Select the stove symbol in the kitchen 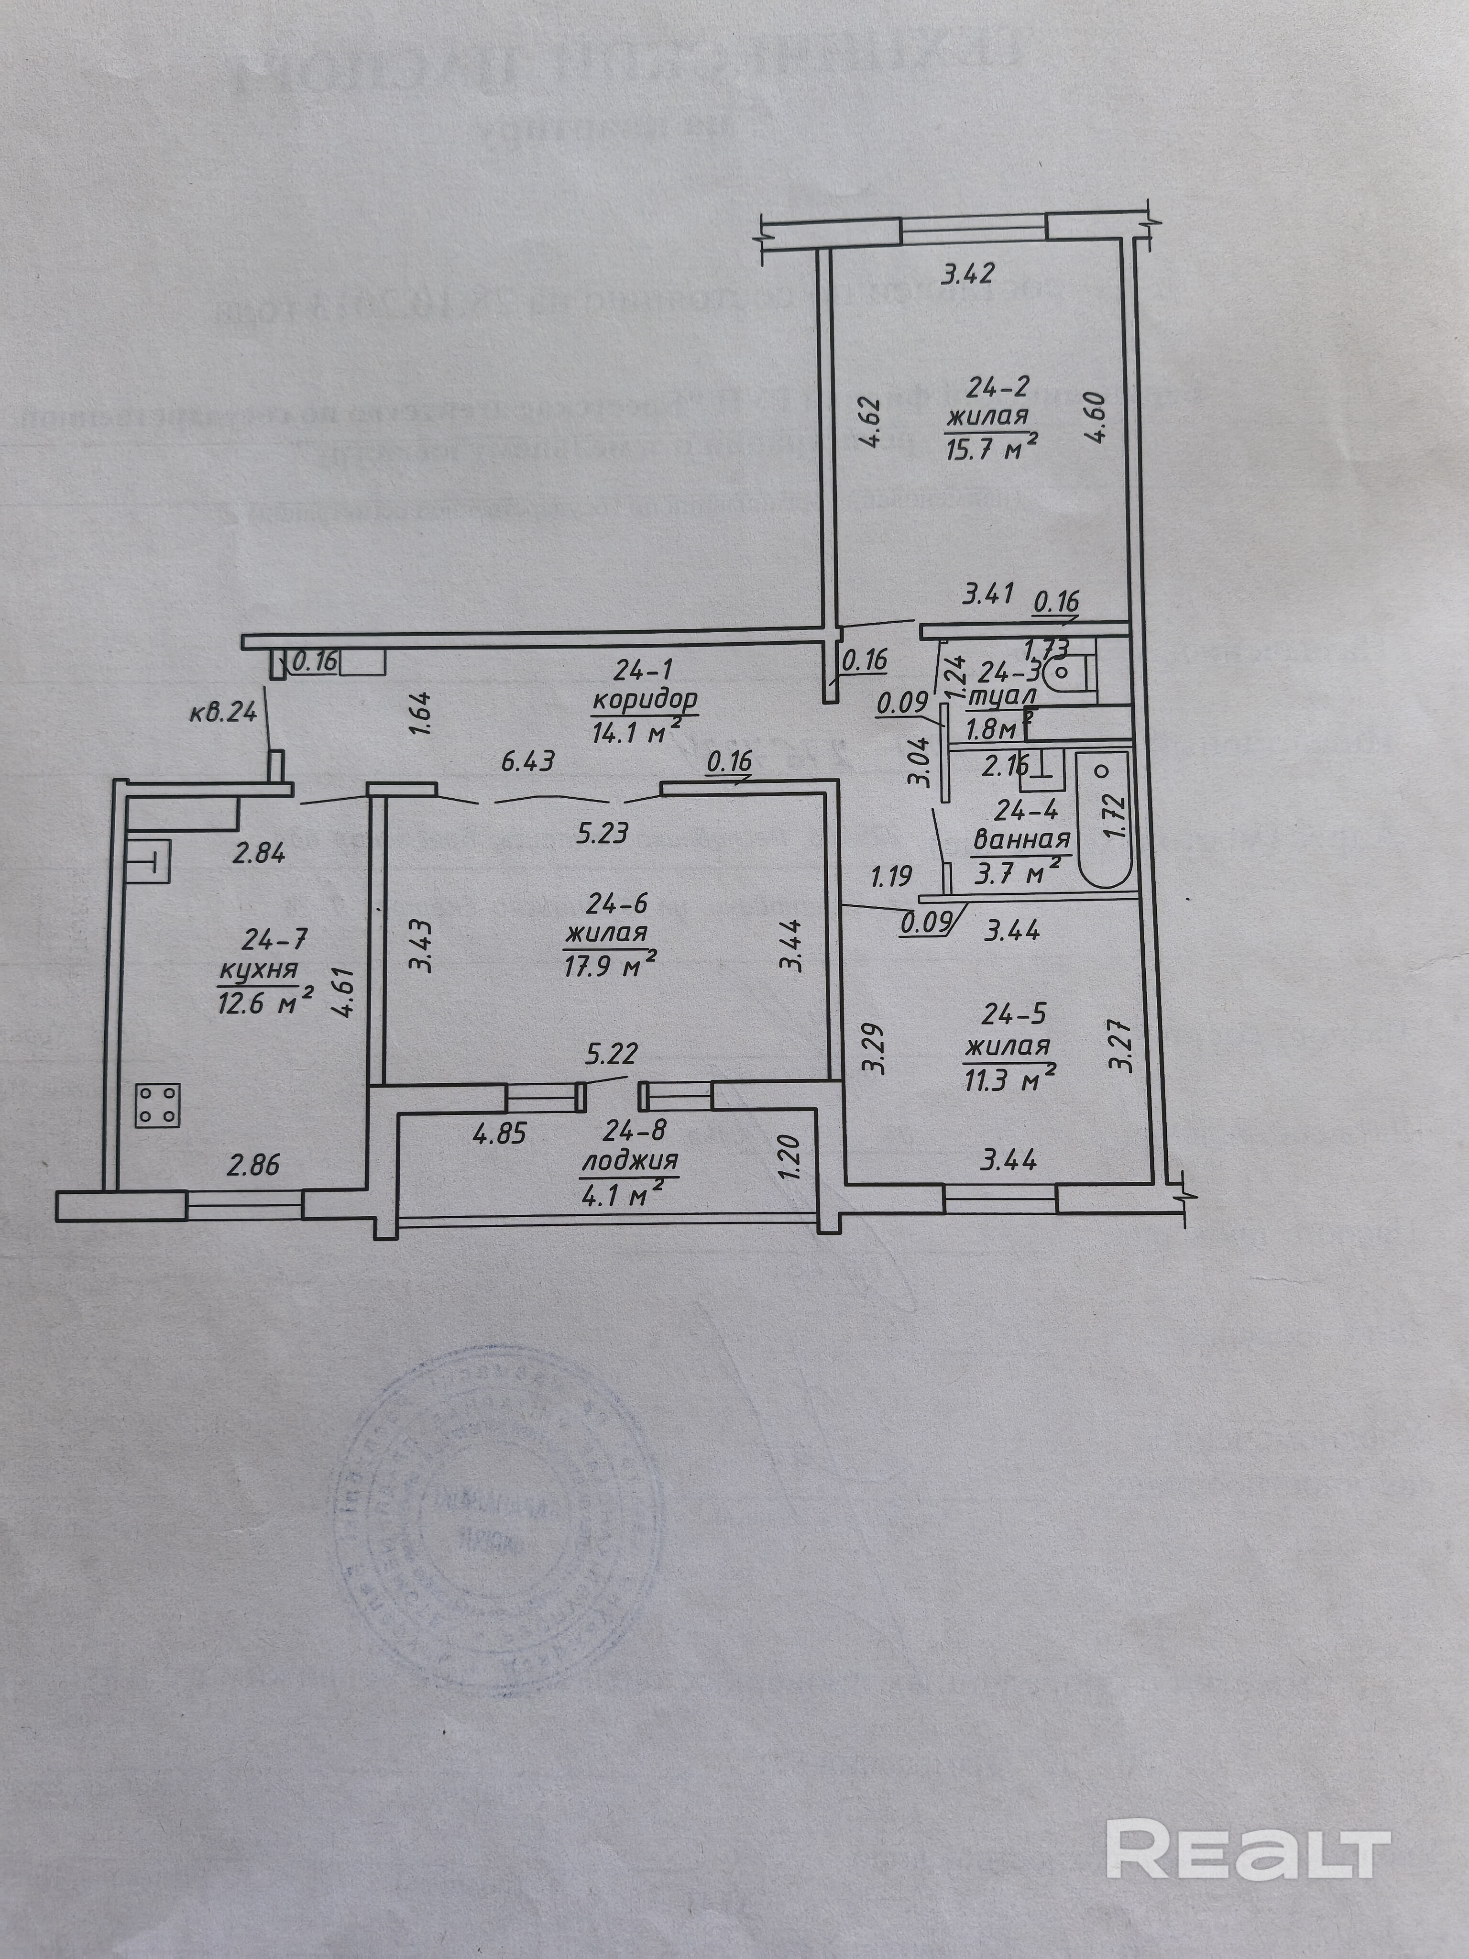pyautogui.click(x=158, y=1105)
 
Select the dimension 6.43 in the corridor pyautogui.click(x=528, y=761)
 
